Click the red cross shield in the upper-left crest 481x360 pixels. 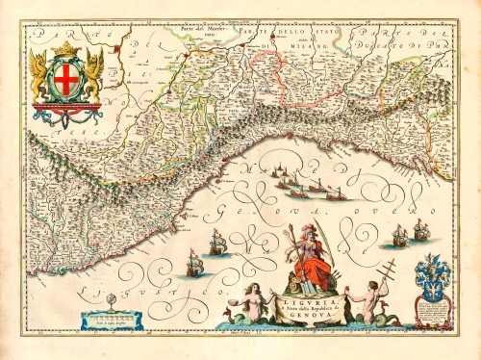[x=65, y=81]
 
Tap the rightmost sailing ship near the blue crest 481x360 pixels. [x=420, y=228]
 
